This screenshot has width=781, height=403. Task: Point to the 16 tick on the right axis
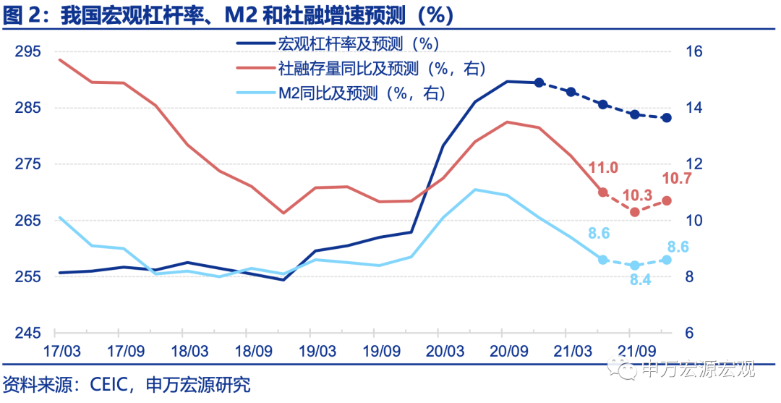coord(693,52)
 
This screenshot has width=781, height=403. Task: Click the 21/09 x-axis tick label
coord(628,352)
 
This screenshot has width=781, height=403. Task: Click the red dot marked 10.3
coord(635,212)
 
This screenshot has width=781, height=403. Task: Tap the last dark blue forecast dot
coord(667,117)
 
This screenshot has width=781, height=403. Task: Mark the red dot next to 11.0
coord(603,192)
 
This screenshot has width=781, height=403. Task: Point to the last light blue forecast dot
coord(667,260)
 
